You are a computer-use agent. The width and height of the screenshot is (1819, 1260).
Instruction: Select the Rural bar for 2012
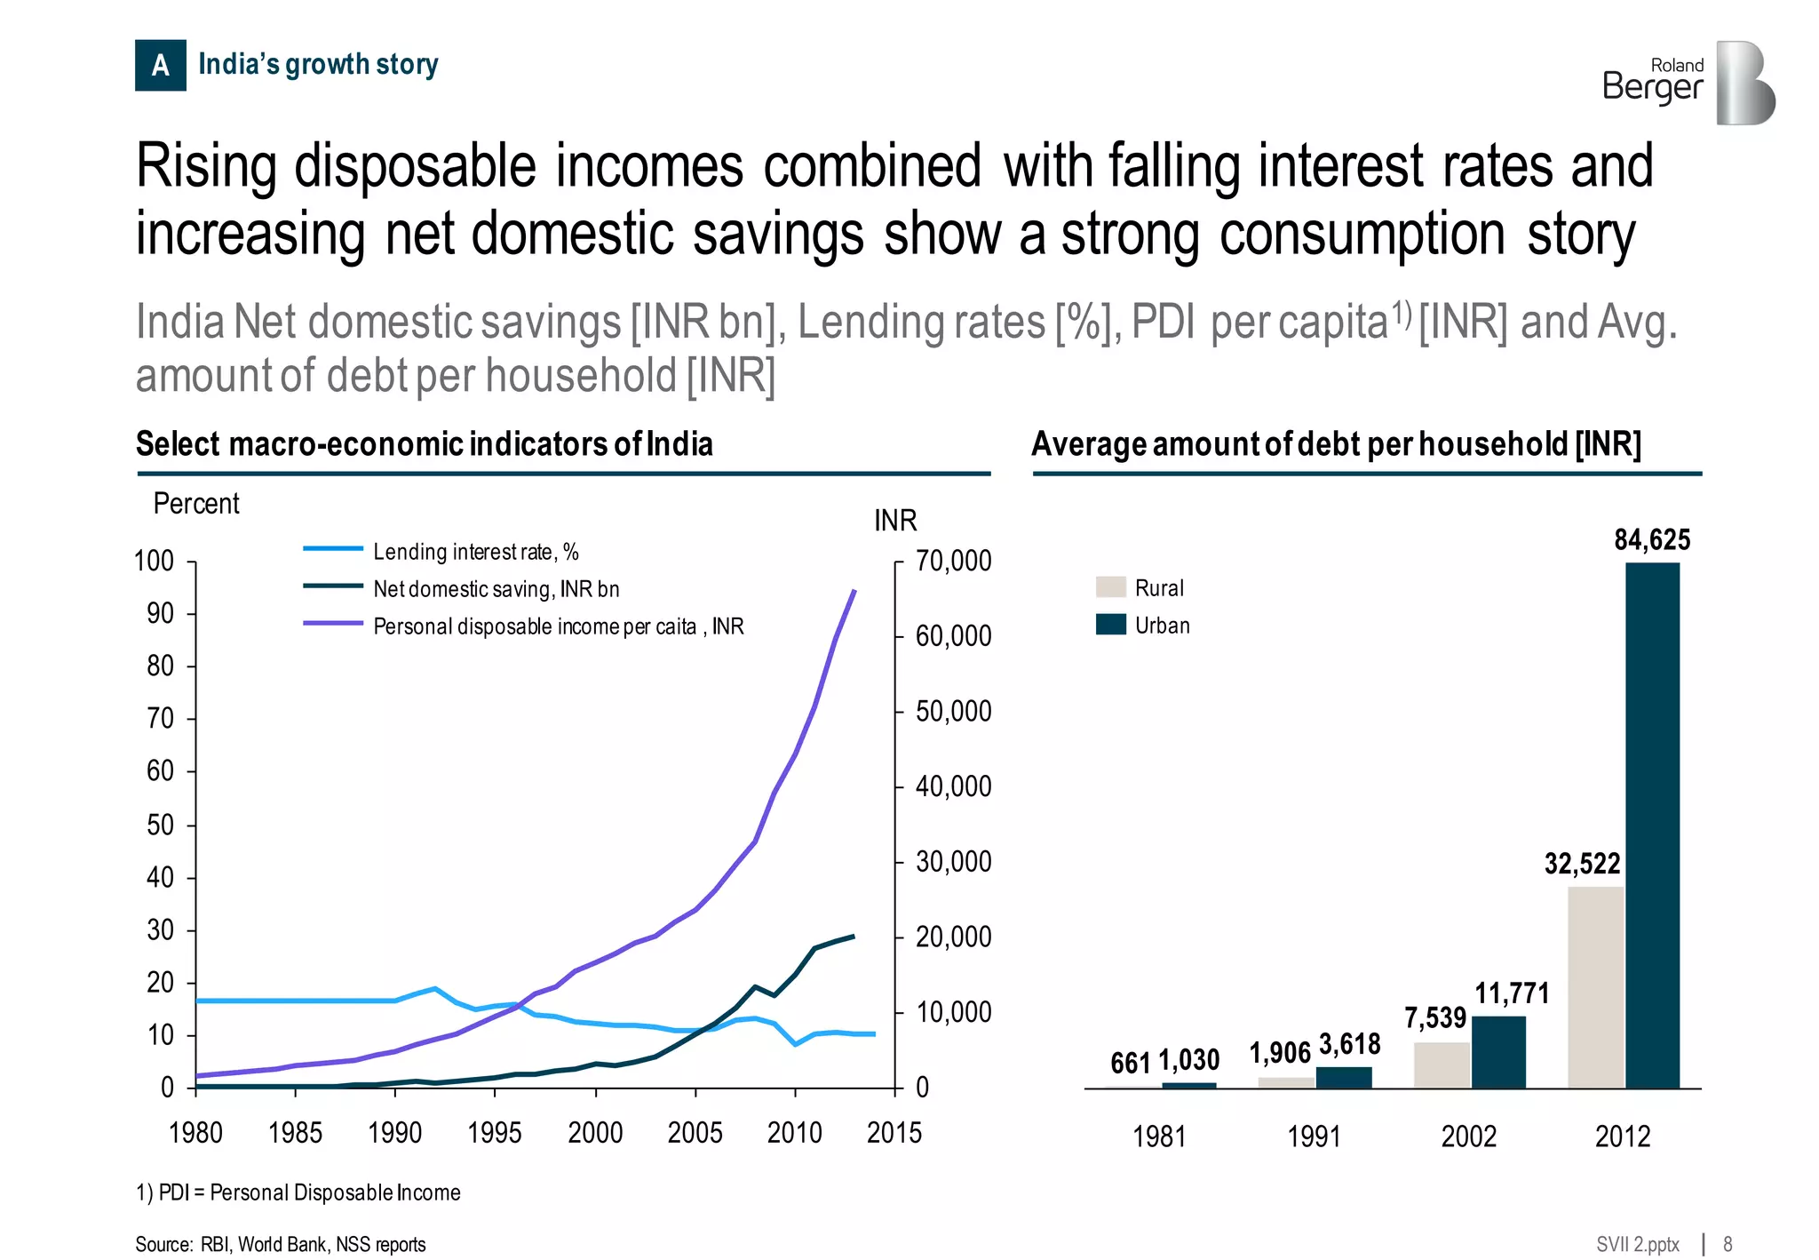(x=1595, y=986)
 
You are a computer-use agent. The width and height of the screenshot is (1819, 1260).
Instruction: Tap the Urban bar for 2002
(x=1498, y=1052)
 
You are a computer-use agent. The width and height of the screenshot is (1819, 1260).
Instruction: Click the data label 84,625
(x=1652, y=539)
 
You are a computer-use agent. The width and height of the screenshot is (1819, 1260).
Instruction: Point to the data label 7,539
(x=1434, y=1017)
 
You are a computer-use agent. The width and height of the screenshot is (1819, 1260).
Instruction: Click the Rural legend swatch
(x=1110, y=587)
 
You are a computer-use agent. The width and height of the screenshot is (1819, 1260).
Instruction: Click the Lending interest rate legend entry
(x=475, y=552)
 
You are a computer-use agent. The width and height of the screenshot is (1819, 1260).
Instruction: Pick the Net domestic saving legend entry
(x=496, y=589)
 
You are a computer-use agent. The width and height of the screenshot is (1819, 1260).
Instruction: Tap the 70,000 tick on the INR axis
(x=953, y=561)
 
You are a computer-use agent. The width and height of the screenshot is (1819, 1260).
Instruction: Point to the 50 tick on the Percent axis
(x=160, y=825)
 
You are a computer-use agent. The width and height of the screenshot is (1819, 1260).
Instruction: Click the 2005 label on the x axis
(x=695, y=1132)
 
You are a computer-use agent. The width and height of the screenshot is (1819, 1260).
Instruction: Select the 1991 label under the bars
(x=1314, y=1136)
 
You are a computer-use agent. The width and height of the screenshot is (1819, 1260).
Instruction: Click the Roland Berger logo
(x=1688, y=83)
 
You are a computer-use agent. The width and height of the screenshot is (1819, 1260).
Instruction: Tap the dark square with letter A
(x=160, y=65)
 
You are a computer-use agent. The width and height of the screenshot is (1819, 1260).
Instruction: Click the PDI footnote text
(x=298, y=1192)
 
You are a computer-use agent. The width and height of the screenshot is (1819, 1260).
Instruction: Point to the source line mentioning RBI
(x=281, y=1244)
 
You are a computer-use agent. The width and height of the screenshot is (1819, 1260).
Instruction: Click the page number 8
(x=1728, y=1244)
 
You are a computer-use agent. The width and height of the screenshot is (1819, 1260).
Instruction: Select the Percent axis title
(x=196, y=504)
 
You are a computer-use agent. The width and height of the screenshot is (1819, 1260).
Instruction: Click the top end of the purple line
(x=854, y=590)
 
